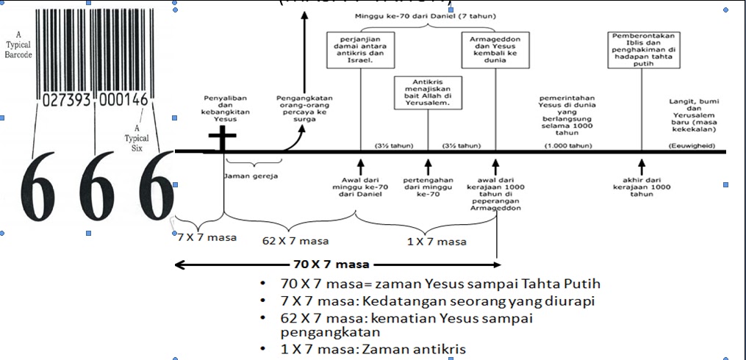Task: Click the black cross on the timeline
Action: (x=222, y=140)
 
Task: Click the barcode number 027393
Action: (x=67, y=100)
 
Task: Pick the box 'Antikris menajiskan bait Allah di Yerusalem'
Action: (x=427, y=92)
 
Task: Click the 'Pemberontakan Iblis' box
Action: (x=643, y=49)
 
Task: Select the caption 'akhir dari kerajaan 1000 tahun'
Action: (x=642, y=187)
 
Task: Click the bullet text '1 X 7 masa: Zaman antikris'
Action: (x=373, y=350)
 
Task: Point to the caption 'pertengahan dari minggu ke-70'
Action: (x=428, y=187)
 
